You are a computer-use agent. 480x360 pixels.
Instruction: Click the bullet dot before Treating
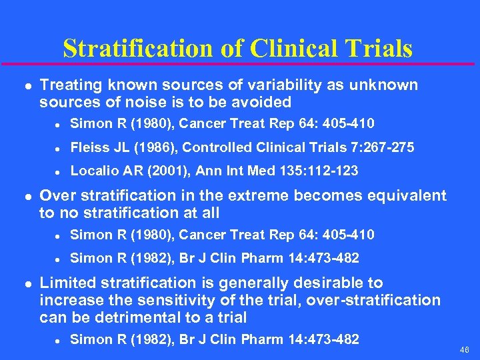(26, 86)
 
